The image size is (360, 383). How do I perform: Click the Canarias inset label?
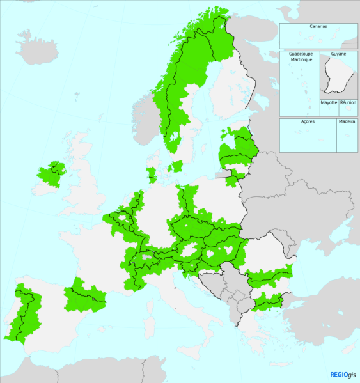coord(318,27)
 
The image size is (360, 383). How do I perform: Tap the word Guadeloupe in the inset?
coord(300,54)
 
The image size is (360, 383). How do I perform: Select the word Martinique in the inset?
coord(300,60)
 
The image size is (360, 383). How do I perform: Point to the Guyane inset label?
coord(338,54)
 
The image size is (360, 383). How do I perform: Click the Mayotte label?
coord(329,102)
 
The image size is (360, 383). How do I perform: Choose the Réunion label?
coord(348,102)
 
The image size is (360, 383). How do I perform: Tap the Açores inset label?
coord(308,121)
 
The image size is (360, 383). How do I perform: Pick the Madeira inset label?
coord(347,121)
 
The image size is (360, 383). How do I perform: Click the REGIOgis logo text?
coord(344,375)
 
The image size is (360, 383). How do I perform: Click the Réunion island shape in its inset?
coord(348,110)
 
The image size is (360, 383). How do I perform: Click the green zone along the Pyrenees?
coord(83,296)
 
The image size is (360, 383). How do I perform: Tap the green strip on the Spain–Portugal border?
coord(26,313)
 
